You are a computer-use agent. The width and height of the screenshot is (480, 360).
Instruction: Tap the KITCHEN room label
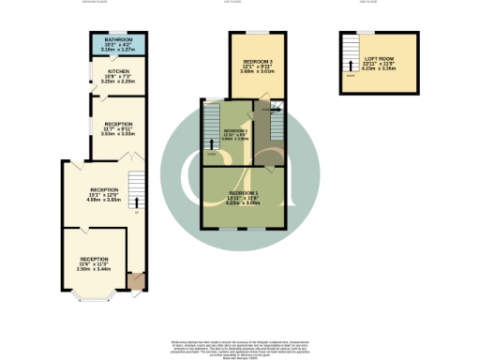pos(118,71)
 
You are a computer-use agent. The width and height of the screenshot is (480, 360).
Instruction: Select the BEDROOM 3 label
pos(251,61)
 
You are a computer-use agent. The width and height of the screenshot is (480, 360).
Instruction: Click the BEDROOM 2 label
pos(235,130)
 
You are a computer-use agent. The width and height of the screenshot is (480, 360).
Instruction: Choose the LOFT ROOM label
pos(380,59)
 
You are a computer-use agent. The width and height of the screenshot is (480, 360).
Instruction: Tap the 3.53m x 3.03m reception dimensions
pos(118,134)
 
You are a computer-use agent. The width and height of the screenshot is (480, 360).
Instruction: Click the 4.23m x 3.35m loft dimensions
pos(380,69)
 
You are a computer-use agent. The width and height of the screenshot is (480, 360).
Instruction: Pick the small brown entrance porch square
pos(137,279)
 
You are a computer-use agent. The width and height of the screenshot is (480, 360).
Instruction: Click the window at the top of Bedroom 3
pos(251,34)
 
